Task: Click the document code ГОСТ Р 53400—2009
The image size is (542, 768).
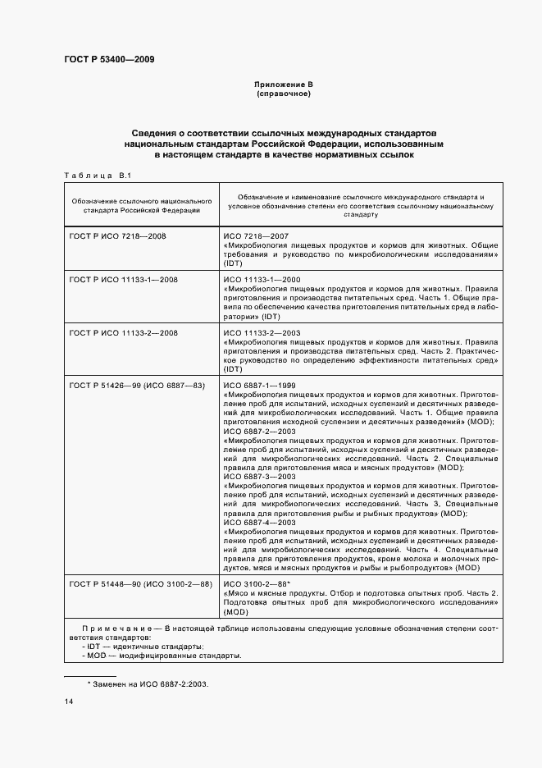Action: pos(109,59)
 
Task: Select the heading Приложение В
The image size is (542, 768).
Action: pos(284,85)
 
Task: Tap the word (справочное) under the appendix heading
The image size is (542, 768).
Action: pos(284,94)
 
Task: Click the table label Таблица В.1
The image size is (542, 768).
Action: pos(92,176)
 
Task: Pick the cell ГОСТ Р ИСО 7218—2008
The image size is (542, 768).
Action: pos(119,235)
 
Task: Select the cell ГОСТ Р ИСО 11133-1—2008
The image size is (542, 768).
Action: pos(124,280)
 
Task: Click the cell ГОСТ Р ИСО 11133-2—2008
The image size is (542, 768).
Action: pos(124,332)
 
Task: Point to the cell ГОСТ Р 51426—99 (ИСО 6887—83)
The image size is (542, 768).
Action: pos(137,385)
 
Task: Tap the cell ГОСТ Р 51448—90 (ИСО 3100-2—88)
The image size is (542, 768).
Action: pos(140,583)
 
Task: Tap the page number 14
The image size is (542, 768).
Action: pos(68,702)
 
